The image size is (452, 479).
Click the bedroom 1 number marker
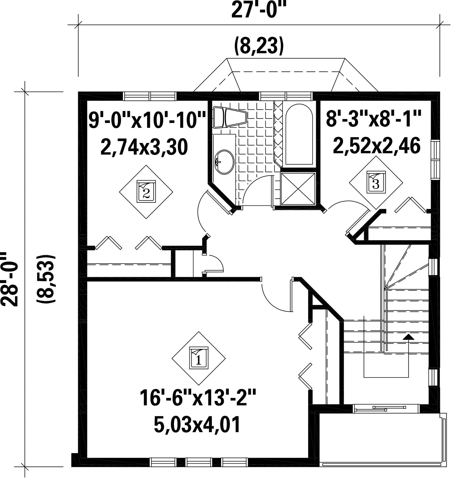pos(198,358)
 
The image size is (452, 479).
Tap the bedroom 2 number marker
pos(146,192)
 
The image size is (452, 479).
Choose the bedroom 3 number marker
pos(376,183)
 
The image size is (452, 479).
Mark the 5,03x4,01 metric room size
pos(197,425)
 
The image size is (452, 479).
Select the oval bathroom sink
pos(224,162)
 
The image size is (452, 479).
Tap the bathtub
pos(299,134)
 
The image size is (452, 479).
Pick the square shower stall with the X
pos(298,189)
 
